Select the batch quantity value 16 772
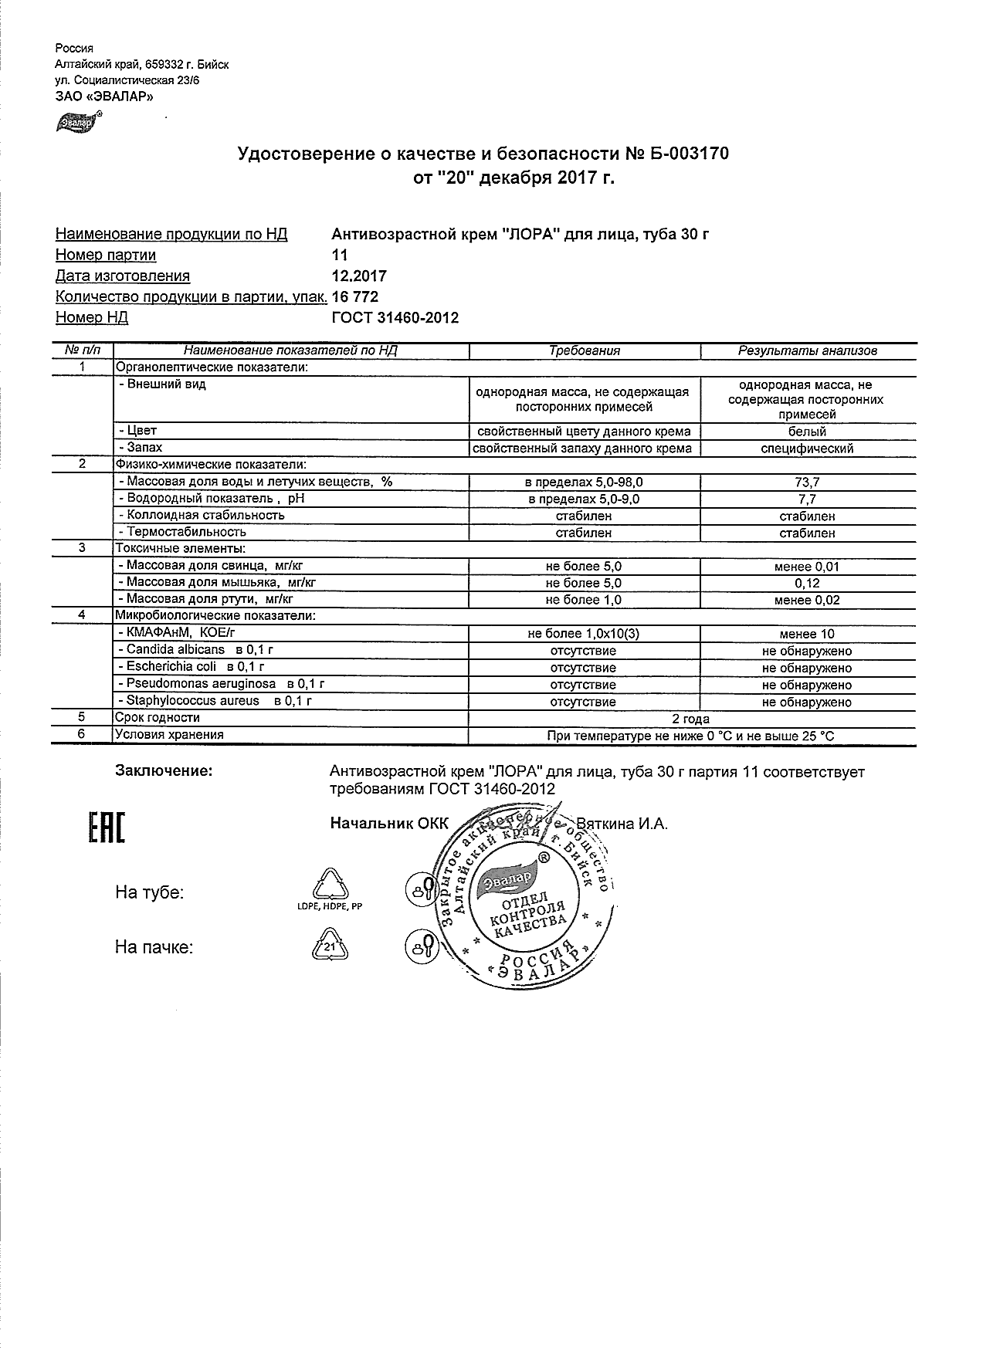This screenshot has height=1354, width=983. coord(355,296)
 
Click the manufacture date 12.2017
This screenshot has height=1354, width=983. coord(359,276)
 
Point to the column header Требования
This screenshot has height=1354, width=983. coord(584,350)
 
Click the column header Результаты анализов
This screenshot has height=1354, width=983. coord(807,350)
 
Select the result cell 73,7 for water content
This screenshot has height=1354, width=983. coord(807,482)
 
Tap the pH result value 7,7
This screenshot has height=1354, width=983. coord(807,499)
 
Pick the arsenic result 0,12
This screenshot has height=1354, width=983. coord(807,583)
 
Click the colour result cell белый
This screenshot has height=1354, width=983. coord(807,432)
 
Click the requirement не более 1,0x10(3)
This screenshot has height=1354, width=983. coord(584,634)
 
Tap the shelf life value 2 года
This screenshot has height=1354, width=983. coord(690,718)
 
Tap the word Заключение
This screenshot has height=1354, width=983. coord(163,770)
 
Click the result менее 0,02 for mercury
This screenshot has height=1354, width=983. coord(807,600)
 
